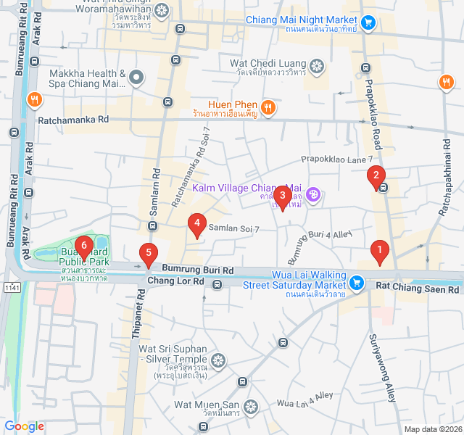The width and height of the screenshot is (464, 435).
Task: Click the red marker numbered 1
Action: pyautogui.click(x=378, y=252)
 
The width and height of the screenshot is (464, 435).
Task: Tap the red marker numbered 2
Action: pyautogui.click(x=376, y=175)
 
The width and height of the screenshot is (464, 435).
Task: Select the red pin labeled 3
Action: pyautogui.click(x=283, y=196)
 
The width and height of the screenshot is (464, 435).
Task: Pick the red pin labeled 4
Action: pyautogui.click(x=196, y=224)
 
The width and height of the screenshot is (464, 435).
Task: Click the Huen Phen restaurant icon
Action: pyautogui.click(x=268, y=107)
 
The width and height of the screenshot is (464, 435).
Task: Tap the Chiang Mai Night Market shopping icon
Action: pyautogui.click(x=368, y=22)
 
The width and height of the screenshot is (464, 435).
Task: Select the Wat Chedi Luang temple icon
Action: pyautogui.click(x=316, y=67)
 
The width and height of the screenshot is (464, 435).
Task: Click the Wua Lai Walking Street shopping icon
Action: pyautogui.click(x=356, y=282)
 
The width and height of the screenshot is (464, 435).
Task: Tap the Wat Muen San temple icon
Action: pyautogui.click(x=251, y=407)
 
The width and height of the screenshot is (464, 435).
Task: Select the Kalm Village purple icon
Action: pyautogui.click(x=313, y=194)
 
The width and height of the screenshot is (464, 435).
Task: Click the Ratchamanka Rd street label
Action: pyautogui.click(x=73, y=119)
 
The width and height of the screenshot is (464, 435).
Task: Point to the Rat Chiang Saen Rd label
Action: pyautogui.click(x=417, y=289)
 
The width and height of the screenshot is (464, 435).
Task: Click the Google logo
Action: pyautogui.click(x=25, y=426)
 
